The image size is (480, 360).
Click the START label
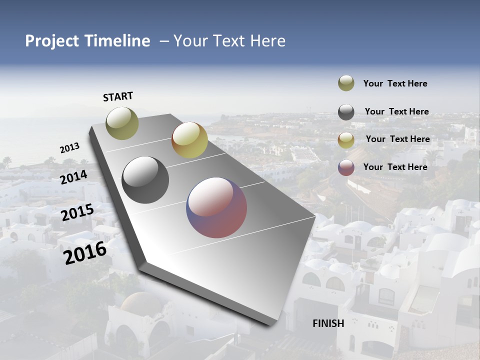(118, 96)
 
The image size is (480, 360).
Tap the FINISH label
(328, 323)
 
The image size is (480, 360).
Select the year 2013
(69, 148)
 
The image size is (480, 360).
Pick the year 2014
(73, 177)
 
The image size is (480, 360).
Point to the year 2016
(85, 253)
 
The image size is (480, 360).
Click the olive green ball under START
(122, 123)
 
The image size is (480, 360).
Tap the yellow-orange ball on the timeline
(189, 140)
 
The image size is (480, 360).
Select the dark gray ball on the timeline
(145, 180)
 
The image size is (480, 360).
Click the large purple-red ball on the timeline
(216, 207)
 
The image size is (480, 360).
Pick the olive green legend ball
(346, 83)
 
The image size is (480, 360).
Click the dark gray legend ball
(346, 112)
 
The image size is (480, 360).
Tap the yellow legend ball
(346, 140)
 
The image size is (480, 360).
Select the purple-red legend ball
(346, 167)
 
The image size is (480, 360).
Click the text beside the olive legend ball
(395, 83)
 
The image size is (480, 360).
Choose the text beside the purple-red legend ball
(395, 167)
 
